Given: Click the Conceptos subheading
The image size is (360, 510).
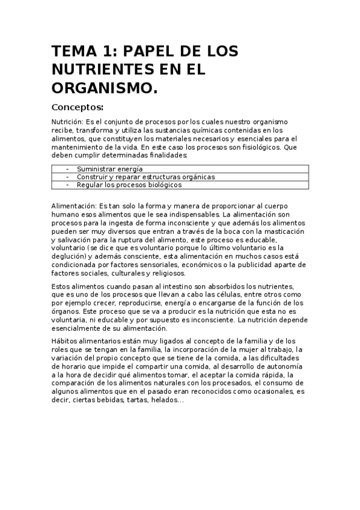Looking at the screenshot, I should coord(78,108).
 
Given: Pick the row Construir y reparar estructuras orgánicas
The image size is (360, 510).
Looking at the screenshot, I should coord(145,177).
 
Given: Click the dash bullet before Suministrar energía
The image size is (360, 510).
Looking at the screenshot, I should coord(67,170).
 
